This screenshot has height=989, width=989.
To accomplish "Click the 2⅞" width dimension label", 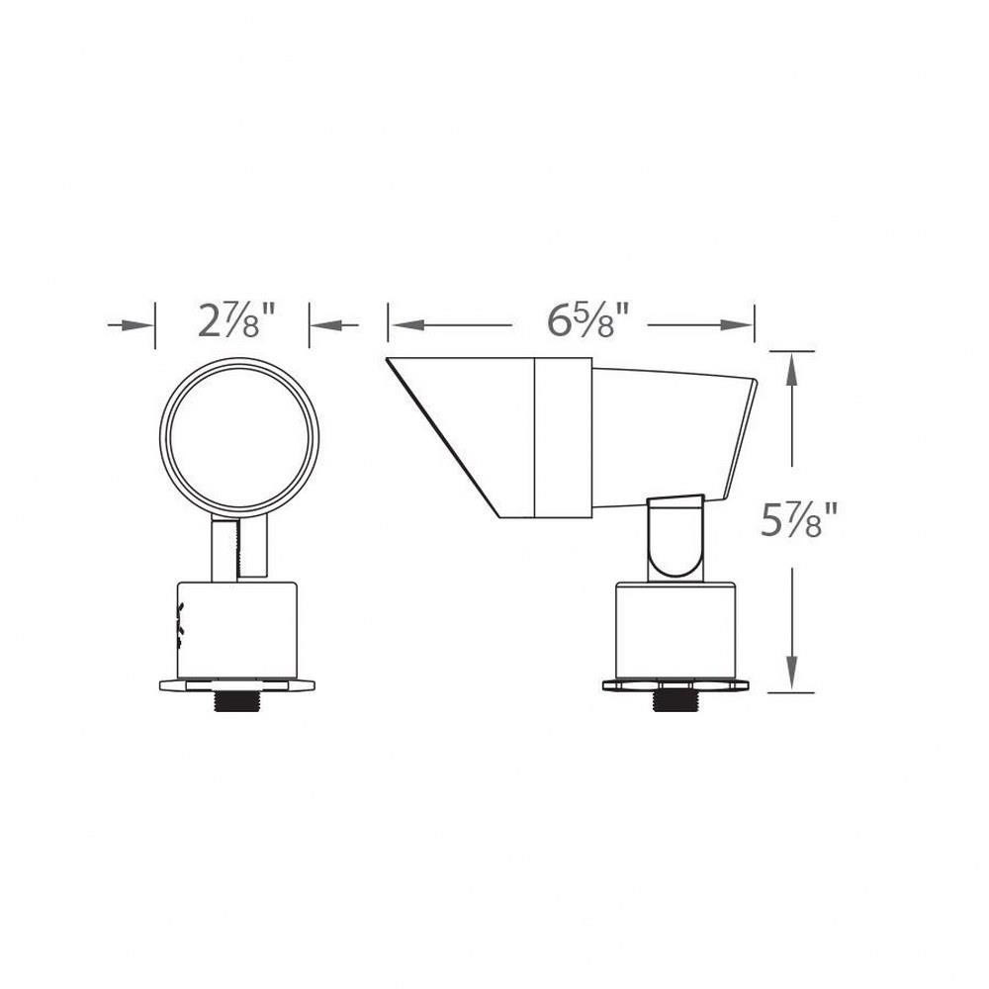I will (234, 322).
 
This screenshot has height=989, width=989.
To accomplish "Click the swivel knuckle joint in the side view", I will (675, 539).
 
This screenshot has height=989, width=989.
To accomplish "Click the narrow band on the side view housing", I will (564, 436).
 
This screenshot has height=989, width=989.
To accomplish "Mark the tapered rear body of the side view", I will (673, 435).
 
